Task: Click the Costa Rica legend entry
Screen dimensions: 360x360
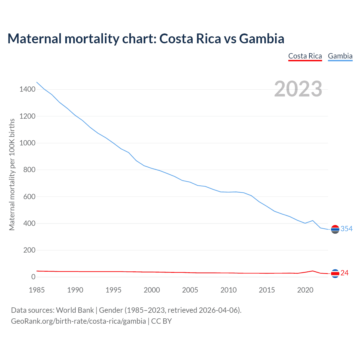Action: pos(305,56)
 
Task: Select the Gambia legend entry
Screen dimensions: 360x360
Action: pos(340,56)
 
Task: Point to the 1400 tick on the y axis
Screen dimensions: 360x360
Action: pos(27,89)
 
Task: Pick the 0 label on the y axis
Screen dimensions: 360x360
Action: pos(33,277)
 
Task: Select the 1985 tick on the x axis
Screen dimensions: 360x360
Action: pos(37,290)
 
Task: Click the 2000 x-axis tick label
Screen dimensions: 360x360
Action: pos(152,290)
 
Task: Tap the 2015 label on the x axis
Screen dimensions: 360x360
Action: pos(267,290)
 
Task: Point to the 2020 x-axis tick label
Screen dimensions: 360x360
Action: pos(305,290)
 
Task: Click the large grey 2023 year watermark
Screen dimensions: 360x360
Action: pos(298,89)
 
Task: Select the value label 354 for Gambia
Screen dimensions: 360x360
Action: pos(346,229)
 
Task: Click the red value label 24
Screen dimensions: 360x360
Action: pos(345,273)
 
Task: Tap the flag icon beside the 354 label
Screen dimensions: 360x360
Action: pos(335,229)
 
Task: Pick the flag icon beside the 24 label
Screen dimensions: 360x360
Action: pos(335,273)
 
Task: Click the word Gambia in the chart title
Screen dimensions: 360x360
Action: pos(262,39)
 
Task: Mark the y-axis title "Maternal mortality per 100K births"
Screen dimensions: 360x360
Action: pos(12,174)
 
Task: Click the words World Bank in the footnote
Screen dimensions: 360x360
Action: pos(75,310)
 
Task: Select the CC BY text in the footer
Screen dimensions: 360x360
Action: pos(161,321)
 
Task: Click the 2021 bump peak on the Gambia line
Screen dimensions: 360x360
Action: pos(313,220)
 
